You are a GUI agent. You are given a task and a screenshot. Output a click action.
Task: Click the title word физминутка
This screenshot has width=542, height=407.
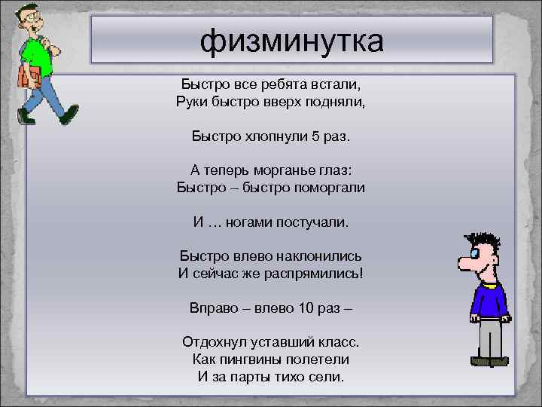click(291, 41)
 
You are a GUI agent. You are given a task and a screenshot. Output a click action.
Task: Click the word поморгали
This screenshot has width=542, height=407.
click(324, 187)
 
